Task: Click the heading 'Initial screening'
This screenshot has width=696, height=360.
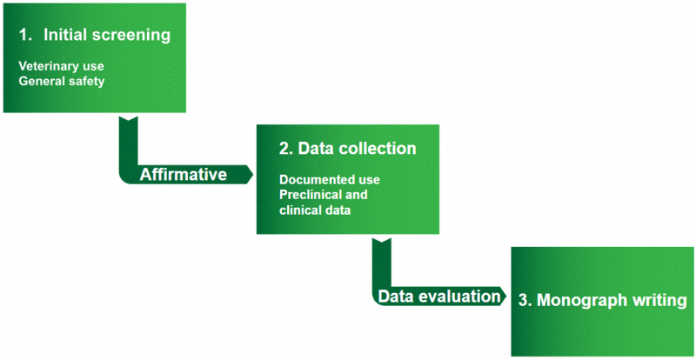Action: pos(107,36)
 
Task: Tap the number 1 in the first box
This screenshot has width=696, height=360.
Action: pos(24,36)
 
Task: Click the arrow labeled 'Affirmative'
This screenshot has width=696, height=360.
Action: pos(184,175)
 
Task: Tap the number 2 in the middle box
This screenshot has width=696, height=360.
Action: pos(284,149)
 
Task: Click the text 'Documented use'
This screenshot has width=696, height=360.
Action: pos(330,180)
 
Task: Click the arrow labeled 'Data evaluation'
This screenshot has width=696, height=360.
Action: pos(440,297)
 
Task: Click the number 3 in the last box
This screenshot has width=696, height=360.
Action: pos(523,301)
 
